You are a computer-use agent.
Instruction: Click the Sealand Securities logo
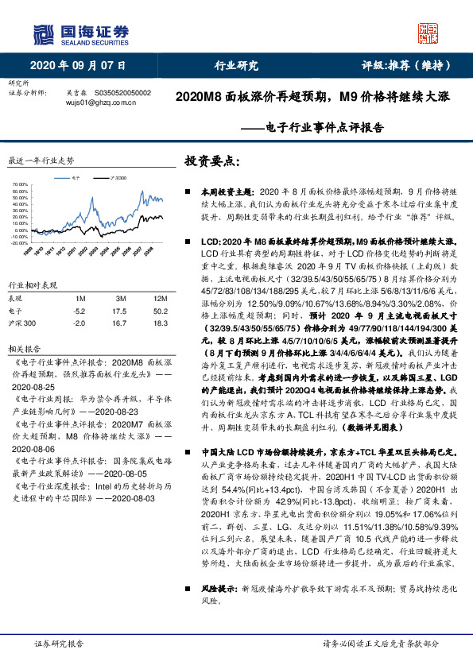[x=79, y=34]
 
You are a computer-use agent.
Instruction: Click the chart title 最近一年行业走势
[x=41, y=160]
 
